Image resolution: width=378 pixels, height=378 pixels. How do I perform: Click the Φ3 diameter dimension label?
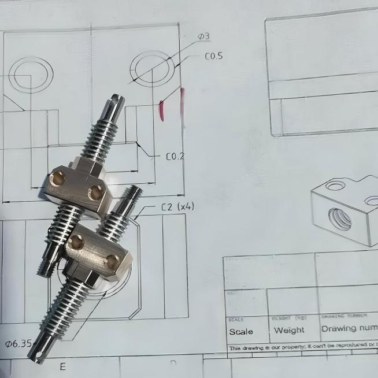click(203, 36)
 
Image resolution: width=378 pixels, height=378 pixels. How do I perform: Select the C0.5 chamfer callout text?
click(213, 57)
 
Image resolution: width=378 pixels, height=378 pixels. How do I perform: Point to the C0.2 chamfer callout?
click(175, 156)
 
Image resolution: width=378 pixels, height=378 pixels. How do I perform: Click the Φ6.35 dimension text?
click(18, 343)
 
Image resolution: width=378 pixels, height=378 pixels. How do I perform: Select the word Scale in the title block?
click(241, 332)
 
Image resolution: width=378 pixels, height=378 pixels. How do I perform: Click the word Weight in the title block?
click(289, 331)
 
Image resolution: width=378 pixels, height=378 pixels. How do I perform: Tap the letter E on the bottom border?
click(62, 366)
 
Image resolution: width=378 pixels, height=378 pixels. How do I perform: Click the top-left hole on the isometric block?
click(334, 186)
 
